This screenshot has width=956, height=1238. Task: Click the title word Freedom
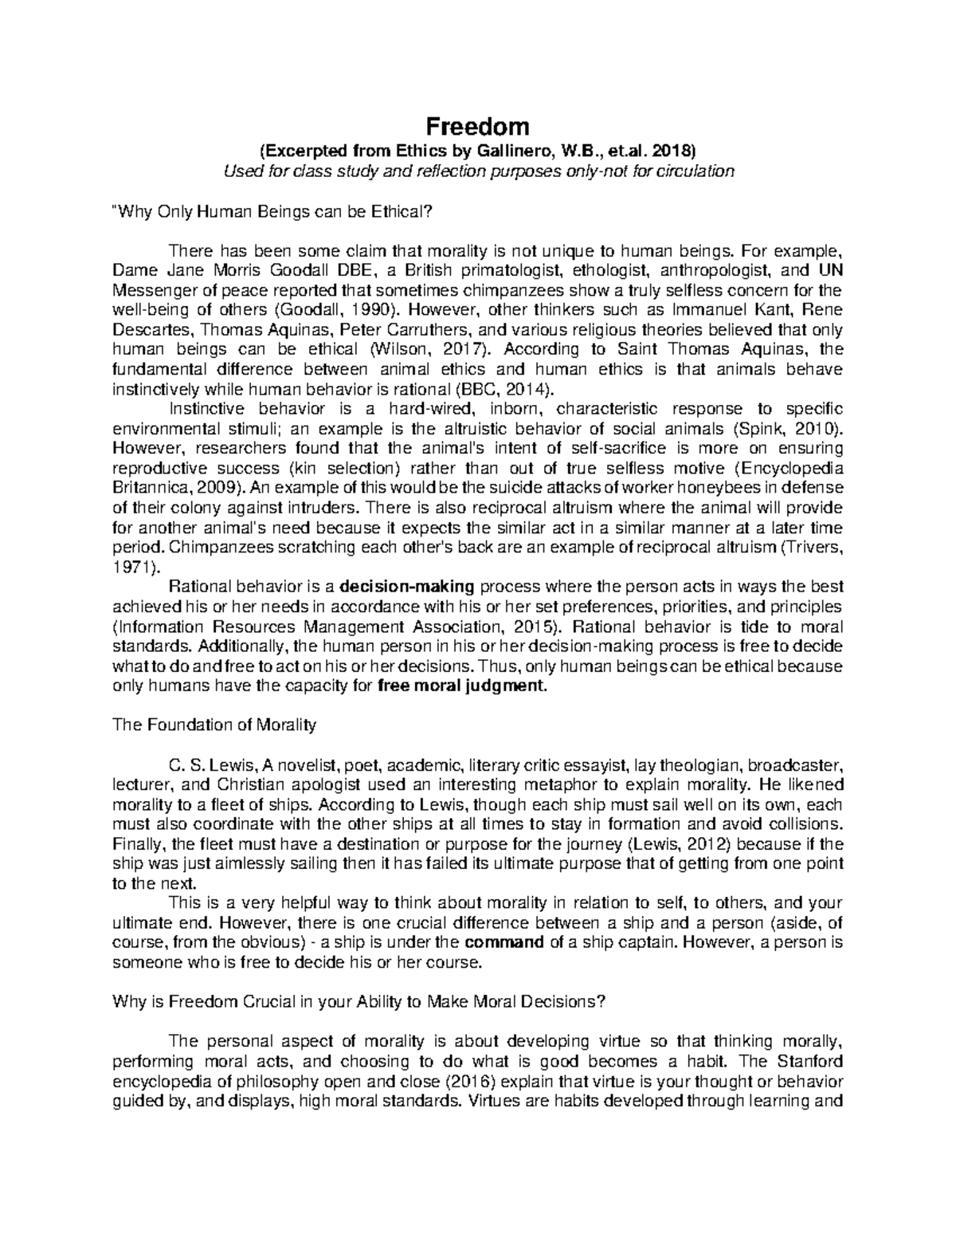tap(477, 126)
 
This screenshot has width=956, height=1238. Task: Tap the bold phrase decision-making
tap(407, 587)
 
